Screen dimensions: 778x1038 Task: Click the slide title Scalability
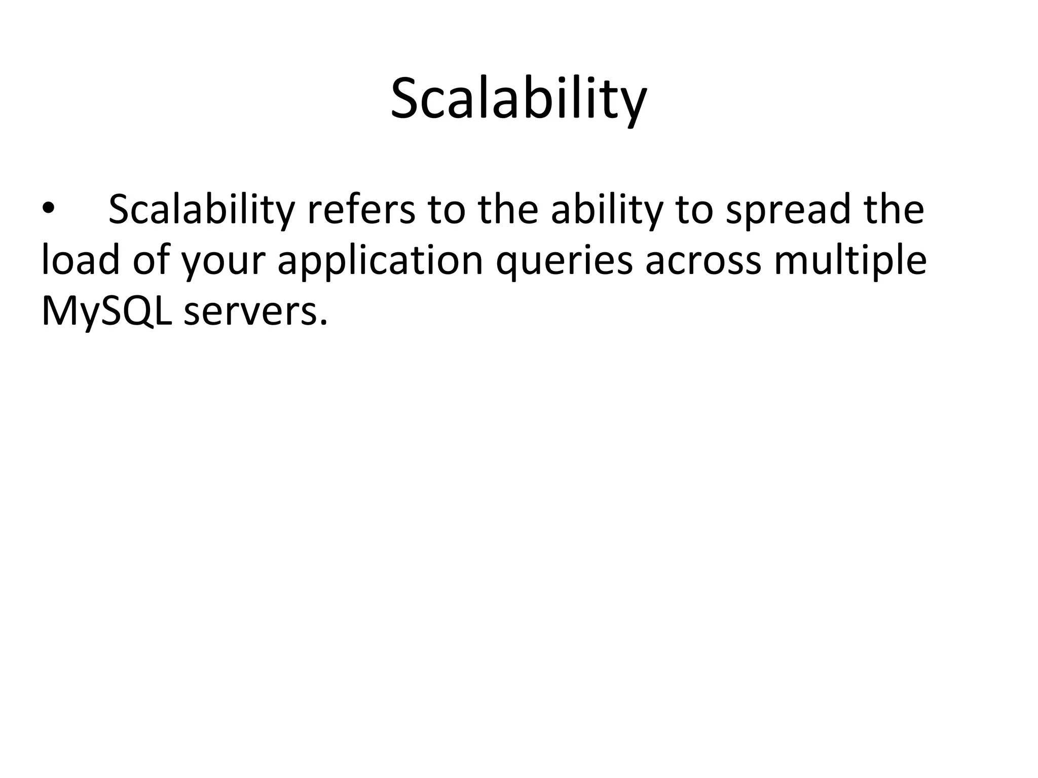tap(518, 99)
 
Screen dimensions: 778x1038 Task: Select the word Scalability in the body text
tap(201, 209)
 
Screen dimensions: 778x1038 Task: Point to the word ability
tap(607, 209)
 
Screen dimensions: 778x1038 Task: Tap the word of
tap(151, 261)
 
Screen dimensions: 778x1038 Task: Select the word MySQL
tap(106, 312)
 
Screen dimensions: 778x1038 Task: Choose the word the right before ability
tap(508, 209)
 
